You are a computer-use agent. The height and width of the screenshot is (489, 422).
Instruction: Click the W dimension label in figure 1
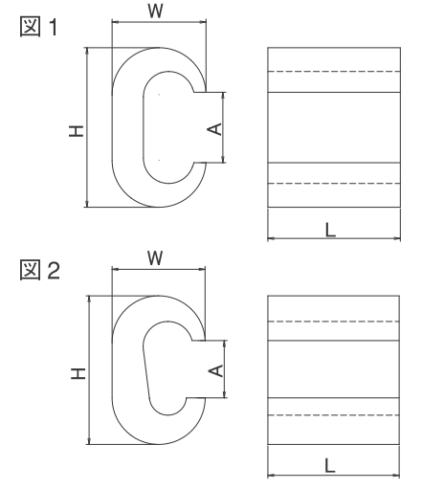[x=156, y=11]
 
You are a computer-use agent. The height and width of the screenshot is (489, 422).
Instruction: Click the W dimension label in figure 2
[x=155, y=258]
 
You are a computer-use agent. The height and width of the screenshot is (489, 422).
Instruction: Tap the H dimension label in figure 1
[x=77, y=131]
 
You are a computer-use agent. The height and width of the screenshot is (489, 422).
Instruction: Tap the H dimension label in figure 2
[x=78, y=373]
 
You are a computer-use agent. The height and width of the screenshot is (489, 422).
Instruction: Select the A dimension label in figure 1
[x=215, y=129]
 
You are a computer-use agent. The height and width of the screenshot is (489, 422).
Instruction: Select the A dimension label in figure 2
[x=216, y=370]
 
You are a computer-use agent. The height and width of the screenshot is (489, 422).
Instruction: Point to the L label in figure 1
[x=331, y=230]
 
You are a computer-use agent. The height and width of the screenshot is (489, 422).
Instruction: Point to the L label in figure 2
[x=330, y=466]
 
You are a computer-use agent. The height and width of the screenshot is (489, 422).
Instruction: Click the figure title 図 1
[x=39, y=27]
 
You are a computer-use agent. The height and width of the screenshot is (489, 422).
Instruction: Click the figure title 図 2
[x=40, y=270]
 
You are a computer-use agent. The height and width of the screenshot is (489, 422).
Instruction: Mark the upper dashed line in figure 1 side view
[x=334, y=72]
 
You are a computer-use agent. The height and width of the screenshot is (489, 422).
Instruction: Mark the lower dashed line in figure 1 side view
[x=334, y=184]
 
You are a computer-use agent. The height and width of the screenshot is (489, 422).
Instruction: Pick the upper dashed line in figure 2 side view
[x=333, y=322]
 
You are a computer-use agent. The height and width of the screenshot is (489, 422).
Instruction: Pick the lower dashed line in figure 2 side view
[x=333, y=415]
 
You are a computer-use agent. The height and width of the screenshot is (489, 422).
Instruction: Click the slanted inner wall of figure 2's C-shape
[x=146, y=372]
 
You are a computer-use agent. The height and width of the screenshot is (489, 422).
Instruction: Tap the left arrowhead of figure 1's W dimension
[x=115, y=22]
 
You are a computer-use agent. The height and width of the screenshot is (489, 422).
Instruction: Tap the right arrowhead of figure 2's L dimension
[x=396, y=476]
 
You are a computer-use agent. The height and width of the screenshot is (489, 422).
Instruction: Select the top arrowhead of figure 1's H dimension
[x=87, y=51]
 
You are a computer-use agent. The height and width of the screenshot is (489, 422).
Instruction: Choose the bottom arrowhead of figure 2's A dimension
[x=225, y=394]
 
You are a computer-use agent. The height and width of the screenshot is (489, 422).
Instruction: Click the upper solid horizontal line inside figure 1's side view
[x=334, y=93]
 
